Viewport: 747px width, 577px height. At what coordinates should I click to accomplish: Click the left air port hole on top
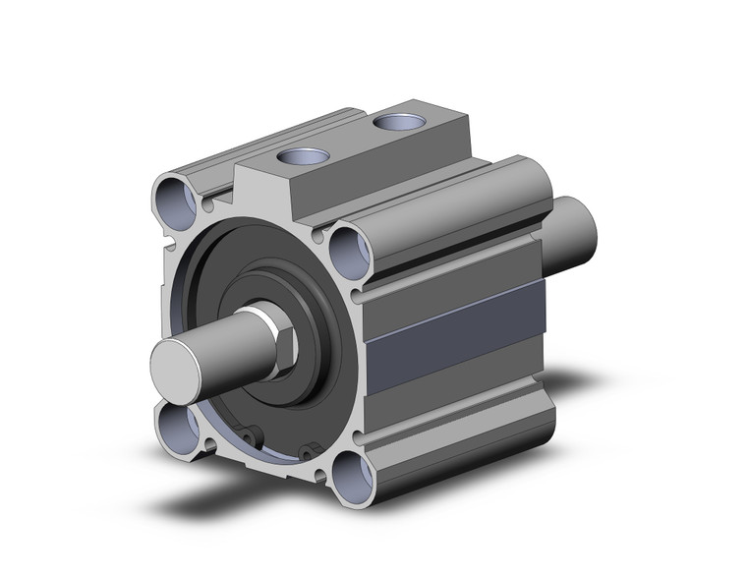298,157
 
